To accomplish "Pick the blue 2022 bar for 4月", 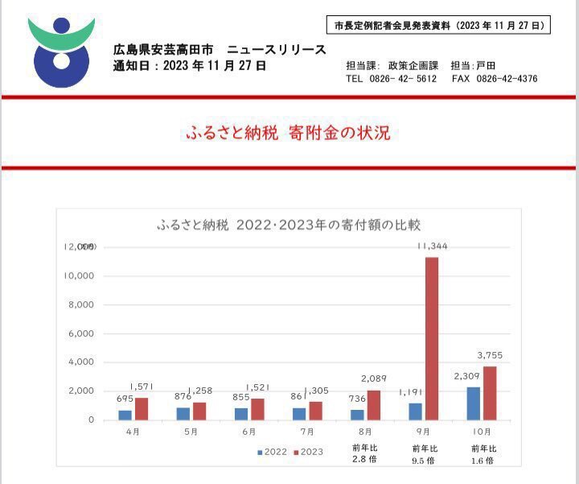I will click(x=125, y=415).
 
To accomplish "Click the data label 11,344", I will click(x=431, y=246).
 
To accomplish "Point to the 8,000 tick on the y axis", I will click(x=80, y=304).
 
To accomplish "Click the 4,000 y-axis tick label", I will click(x=80, y=362).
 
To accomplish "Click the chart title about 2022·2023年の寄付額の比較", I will click(x=289, y=225).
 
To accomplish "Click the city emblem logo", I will click(x=61, y=50).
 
